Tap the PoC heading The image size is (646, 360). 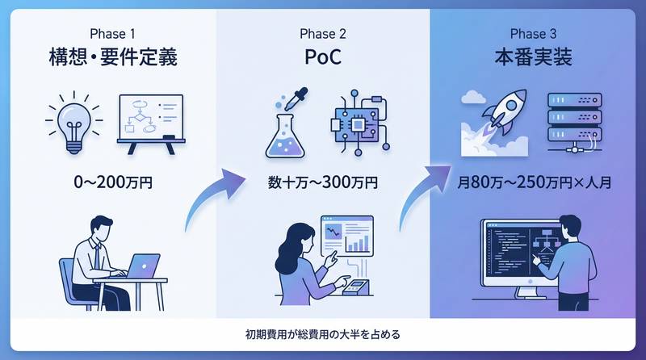point(323,58)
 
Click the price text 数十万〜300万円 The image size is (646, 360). point(323,182)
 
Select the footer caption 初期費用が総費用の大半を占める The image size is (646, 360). point(323,333)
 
